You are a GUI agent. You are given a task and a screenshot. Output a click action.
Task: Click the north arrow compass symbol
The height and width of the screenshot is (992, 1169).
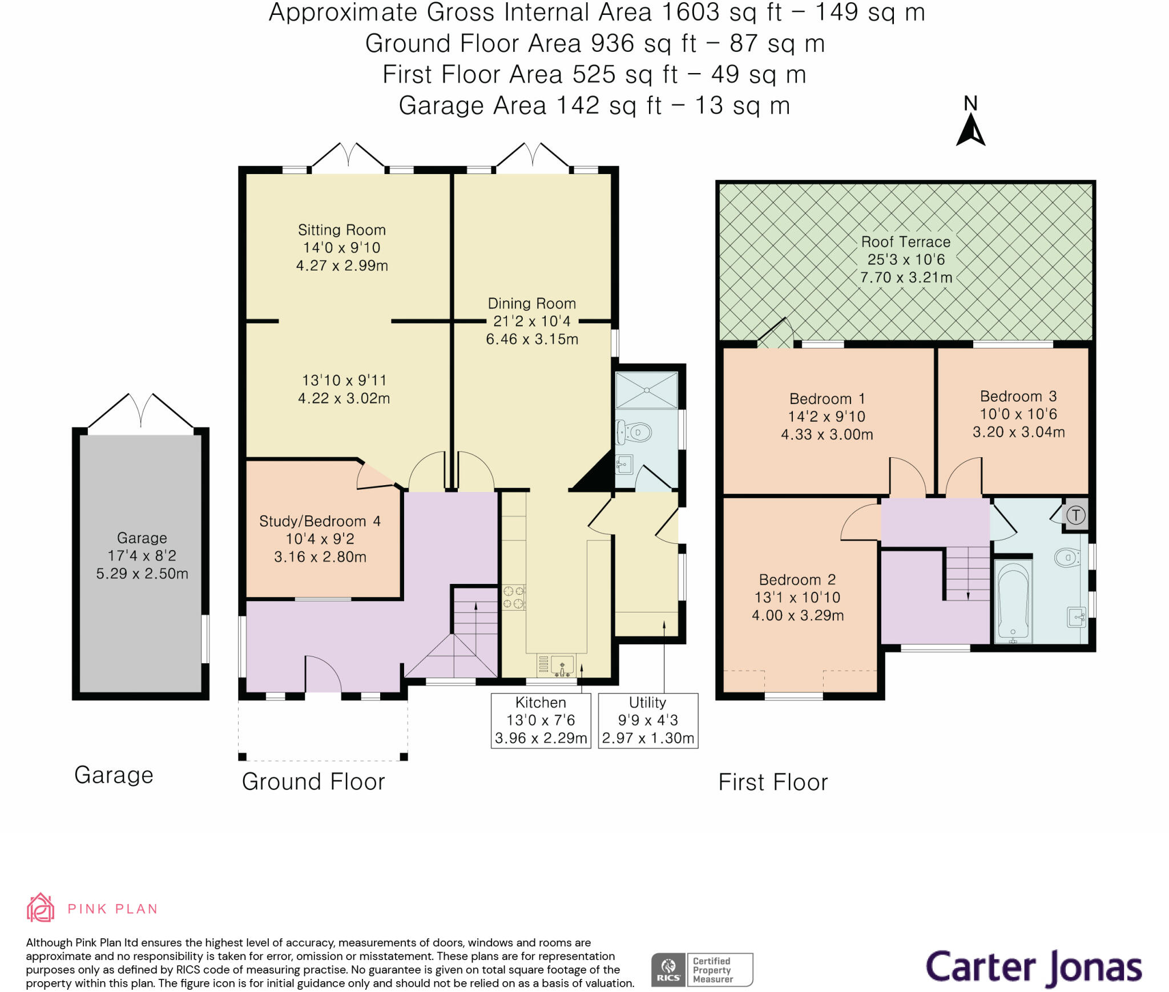(x=970, y=129)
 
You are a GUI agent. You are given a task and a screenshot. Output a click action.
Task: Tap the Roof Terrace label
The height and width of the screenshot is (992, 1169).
(x=906, y=242)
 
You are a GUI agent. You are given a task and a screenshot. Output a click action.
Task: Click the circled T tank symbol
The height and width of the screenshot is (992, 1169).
(x=1076, y=515)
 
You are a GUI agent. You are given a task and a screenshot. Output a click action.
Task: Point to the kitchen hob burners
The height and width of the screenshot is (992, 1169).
(x=513, y=597)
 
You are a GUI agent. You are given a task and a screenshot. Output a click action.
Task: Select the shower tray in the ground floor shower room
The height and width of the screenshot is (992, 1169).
(x=647, y=390)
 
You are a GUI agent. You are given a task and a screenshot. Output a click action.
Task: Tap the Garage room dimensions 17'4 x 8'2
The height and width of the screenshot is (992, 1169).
(x=142, y=555)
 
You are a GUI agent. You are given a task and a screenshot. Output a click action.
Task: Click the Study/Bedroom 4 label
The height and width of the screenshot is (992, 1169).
(x=320, y=521)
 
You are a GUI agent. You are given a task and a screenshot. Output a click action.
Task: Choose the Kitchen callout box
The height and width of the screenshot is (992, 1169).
(x=541, y=720)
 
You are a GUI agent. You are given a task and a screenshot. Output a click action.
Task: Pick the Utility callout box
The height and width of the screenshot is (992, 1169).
(x=648, y=720)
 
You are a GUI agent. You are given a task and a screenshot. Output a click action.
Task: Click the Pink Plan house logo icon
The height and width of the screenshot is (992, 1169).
(x=41, y=908)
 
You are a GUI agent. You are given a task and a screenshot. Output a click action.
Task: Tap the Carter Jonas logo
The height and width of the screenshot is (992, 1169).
(x=1033, y=968)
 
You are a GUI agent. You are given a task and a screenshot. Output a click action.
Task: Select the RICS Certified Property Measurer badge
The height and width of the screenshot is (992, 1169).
(x=702, y=970)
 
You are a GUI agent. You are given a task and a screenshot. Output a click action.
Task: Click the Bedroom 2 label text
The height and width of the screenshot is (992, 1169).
(x=797, y=580)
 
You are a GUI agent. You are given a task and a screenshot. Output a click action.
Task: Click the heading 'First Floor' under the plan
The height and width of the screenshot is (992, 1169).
(x=773, y=782)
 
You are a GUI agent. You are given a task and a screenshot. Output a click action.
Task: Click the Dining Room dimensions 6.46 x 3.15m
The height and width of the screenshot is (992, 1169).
(x=532, y=339)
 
